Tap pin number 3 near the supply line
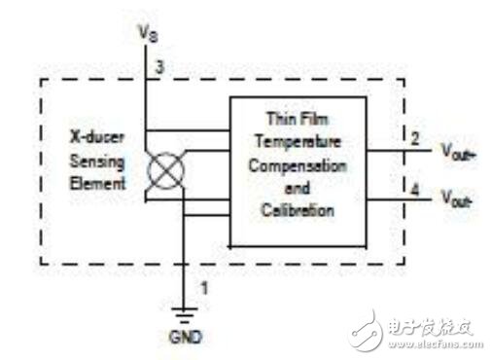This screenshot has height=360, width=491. (x=155, y=67)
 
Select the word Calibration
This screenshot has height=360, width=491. (x=297, y=209)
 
